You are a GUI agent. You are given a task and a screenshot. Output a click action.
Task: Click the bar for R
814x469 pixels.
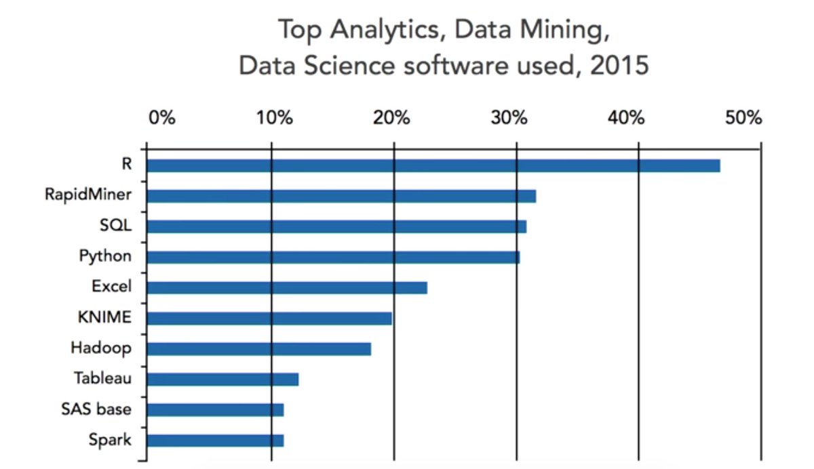coord(433,165)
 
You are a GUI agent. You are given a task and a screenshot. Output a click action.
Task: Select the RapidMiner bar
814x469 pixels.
coord(341,196)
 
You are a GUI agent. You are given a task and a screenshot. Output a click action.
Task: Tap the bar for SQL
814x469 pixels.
coord(336,226)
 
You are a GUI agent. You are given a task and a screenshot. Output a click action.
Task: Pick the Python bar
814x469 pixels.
coord(333,257)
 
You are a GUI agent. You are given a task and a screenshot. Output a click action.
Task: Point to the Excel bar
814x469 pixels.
coord(287,287)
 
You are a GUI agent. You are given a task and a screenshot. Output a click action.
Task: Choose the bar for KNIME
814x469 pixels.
coord(269,318)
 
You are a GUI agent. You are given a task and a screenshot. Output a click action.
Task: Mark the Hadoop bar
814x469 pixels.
coord(259,348)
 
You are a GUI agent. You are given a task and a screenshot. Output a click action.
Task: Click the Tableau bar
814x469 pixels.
coord(222,379)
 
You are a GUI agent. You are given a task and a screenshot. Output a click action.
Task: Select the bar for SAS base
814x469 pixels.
coord(215,409)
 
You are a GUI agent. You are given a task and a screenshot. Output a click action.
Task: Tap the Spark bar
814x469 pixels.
coord(215,440)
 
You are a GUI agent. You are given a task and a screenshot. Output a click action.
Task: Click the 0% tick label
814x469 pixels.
coord(162,117)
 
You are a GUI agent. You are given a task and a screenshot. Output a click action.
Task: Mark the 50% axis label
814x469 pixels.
coord(743,117)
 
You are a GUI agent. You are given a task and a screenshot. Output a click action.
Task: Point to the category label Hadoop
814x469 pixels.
coord(100,348)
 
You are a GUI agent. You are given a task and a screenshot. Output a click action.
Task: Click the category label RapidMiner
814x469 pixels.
coord(88,196)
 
